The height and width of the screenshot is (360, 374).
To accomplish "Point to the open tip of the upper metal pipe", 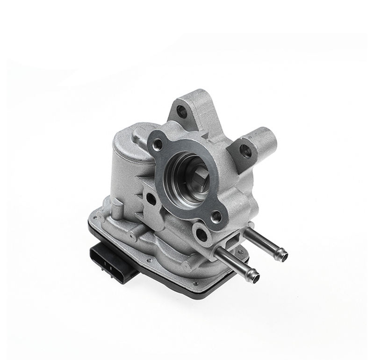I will pyautogui.click(x=283, y=255).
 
